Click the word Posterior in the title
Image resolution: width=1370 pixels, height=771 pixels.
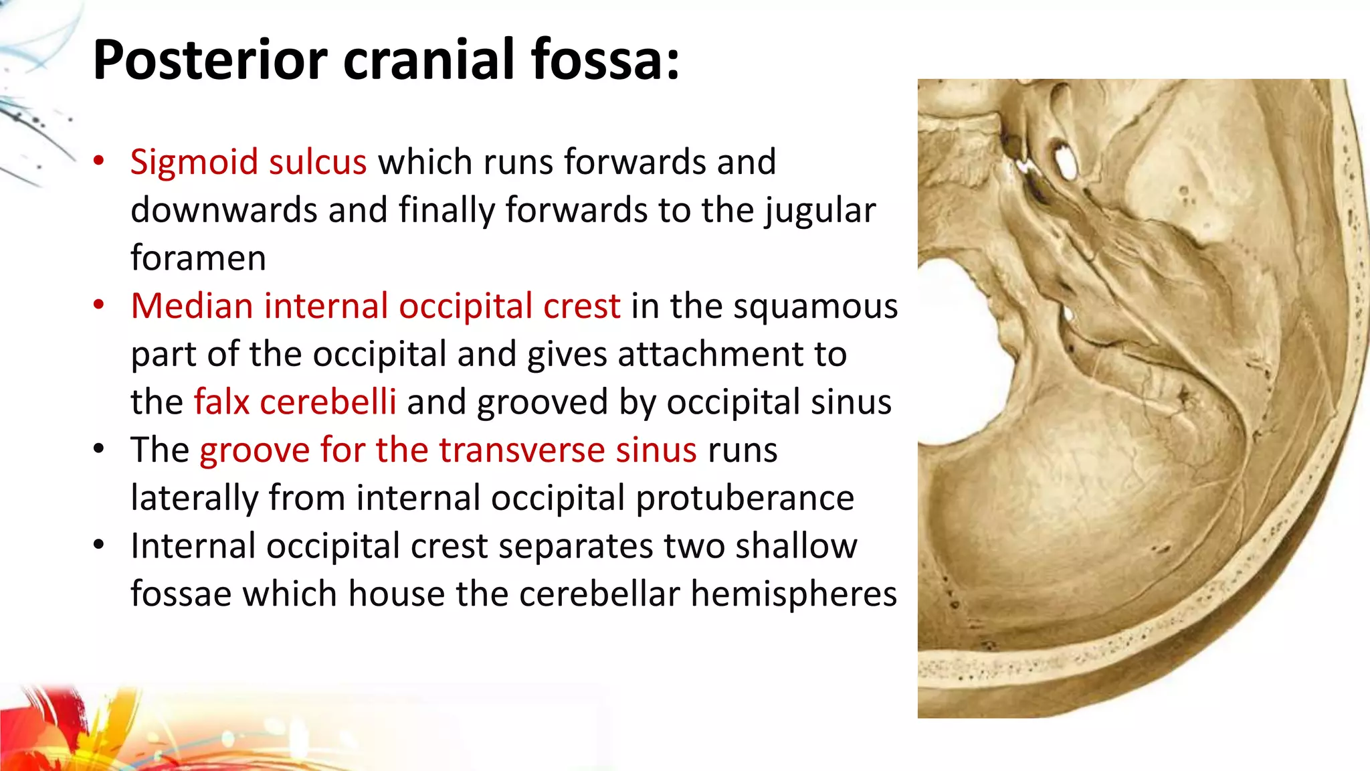click(210, 60)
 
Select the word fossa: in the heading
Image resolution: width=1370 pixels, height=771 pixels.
click(605, 60)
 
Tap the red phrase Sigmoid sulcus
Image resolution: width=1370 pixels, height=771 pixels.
click(248, 163)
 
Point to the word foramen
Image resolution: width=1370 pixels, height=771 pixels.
click(198, 258)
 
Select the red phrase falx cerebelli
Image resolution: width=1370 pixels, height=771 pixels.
click(295, 402)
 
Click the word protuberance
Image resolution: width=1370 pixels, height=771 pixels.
click(745, 498)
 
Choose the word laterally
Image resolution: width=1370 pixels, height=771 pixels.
click(194, 498)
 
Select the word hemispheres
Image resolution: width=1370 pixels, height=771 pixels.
click(793, 594)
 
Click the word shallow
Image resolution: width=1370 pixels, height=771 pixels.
click(796, 546)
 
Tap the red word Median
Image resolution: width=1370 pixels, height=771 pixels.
click(192, 307)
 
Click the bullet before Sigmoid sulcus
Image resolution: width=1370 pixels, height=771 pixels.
click(99, 161)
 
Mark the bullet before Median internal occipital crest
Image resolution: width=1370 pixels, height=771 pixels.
click(99, 305)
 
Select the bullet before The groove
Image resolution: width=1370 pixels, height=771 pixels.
click(99, 448)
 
